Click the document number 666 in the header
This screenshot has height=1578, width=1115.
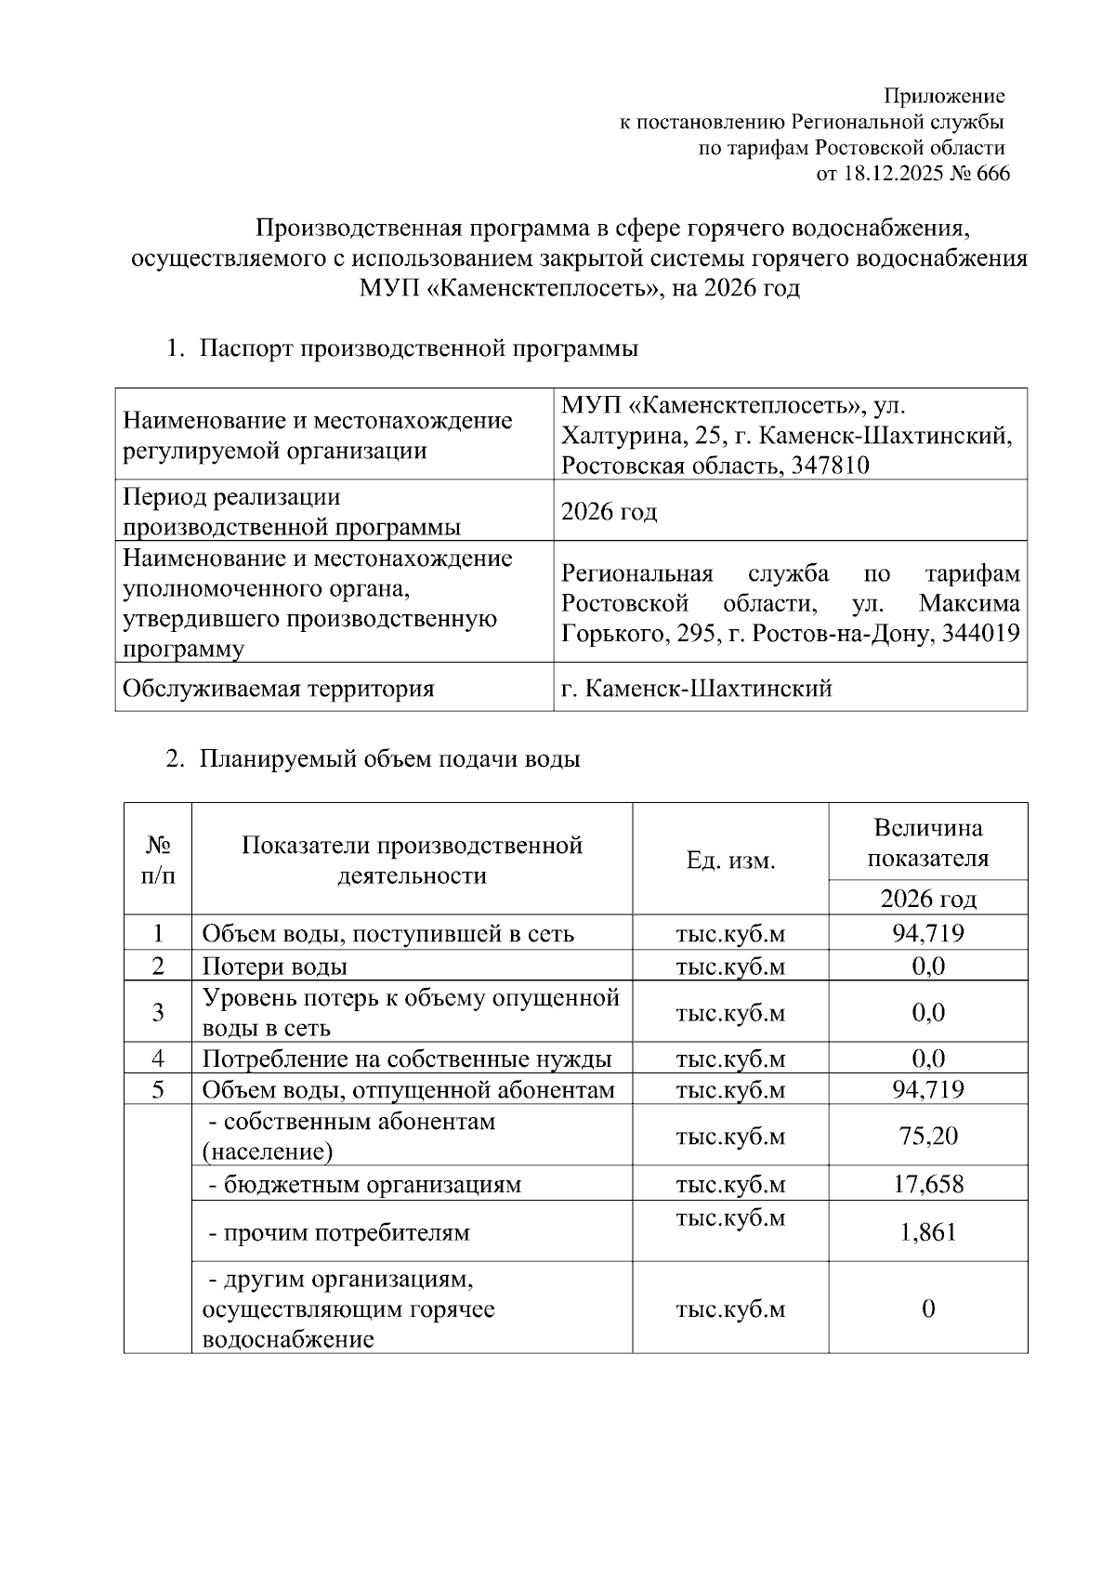(x=992, y=174)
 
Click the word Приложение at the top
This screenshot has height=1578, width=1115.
(x=944, y=96)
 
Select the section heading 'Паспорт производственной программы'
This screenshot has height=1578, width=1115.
(x=419, y=348)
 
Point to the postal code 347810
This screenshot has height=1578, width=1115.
(x=831, y=465)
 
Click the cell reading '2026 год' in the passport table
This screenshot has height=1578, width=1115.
(x=610, y=511)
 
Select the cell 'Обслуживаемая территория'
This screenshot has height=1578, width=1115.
(x=279, y=689)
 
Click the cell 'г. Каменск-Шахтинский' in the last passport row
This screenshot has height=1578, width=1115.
(x=697, y=689)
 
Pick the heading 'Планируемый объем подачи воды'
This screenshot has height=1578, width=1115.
(x=389, y=758)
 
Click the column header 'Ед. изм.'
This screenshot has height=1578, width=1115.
(x=730, y=860)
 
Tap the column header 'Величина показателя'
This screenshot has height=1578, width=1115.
(x=928, y=842)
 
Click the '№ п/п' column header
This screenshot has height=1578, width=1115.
(x=158, y=860)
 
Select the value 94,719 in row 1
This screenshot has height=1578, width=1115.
(x=928, y=933)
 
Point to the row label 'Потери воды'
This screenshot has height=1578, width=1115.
(x=275, y=966)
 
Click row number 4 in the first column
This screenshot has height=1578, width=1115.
(x=158, y=1058)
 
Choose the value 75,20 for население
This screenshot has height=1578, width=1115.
(x=928, y=1136)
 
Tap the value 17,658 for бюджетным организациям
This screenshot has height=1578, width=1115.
(x=928, y=1184)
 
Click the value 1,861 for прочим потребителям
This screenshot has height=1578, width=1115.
(x=928, y=1232)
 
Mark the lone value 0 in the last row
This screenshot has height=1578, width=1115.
(x=928, y=1308)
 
